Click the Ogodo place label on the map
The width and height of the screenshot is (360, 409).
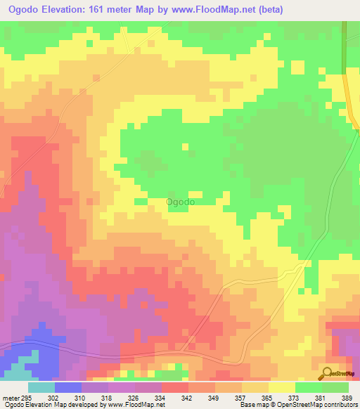180,202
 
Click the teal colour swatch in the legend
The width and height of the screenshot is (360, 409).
41,388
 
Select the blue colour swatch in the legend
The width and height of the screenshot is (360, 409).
68,388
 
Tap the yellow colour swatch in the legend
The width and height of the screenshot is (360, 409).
282,388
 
